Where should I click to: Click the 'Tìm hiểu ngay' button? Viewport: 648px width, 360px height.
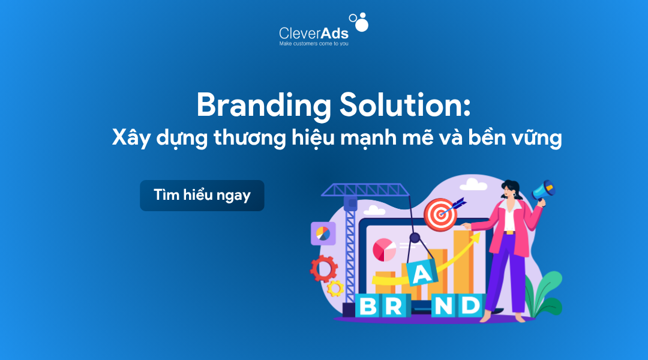point(202,196)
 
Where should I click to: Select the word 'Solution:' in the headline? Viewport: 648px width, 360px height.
point(403,105)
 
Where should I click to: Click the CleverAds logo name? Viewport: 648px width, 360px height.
point(314,33)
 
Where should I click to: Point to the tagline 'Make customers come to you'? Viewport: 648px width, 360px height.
point(314,44)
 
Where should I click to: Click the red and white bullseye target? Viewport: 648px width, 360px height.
point(440,214)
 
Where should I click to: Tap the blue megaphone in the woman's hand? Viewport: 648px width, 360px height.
point(543,190)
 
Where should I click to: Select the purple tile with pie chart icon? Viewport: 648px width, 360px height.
point(323,233)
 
